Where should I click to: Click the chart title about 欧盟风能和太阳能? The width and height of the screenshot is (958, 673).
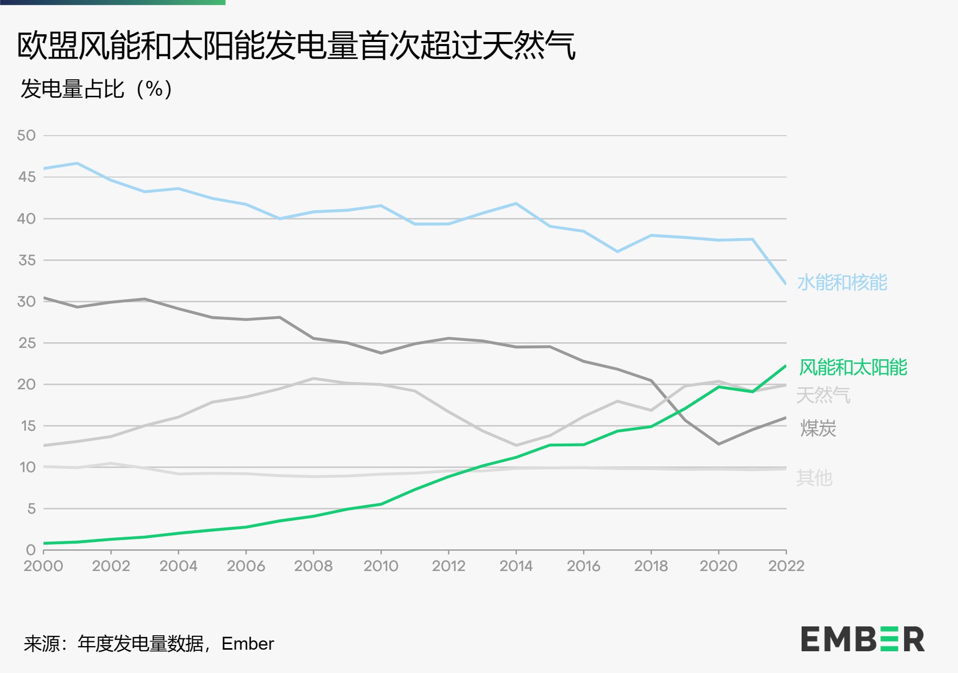pyautogui.click(x=296, y=46)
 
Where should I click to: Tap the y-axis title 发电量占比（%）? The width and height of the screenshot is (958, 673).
pyautogui.click(x=96, y=89)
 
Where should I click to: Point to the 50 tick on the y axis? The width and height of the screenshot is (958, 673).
pyautogui.click(x=26, y=136)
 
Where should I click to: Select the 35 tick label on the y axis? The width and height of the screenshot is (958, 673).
pyautogui.click(x=27, y=260)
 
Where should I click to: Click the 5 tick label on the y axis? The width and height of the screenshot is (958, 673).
pyautogui.click(x=31, y=509)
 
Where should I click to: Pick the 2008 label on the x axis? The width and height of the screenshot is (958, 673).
pyautogui.click(x=313, y=566)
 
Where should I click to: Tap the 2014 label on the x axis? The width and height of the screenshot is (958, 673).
pyautogui.click(x=516, y=566)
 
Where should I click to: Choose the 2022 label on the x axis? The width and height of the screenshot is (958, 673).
pyautogui.click(x=786, y=566)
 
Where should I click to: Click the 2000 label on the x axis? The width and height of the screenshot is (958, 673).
pyautogui.click(x=43, y=566)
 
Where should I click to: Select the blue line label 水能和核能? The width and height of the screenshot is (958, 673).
pyautogui.click(x=842, y=283)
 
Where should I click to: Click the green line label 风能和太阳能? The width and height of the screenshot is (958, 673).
pyautogui.click(x=853, y=368)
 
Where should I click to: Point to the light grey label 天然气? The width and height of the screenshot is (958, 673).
pyautogui.click(x=823, y=396)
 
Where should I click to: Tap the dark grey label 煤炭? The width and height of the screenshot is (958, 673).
pyautogui.click(x=818, y=429)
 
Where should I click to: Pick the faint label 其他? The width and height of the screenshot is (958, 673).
pyautogui.click(x=814, y=478)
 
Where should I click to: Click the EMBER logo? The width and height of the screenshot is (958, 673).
pyautogui.click(x=862, y=639)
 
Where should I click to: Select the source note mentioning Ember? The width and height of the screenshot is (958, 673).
pyautogui.click(x=149, y=643)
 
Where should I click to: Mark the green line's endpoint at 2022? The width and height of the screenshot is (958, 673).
pyautogui.click(x=786, y=366)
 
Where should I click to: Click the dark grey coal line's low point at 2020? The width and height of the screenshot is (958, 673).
pyautogui.click(x=718, y=444)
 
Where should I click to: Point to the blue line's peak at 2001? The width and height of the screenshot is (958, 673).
pyautogui.click(x=77, y=163)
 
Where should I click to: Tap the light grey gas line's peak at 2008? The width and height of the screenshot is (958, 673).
pyautogui.click(x=313, y=378)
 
